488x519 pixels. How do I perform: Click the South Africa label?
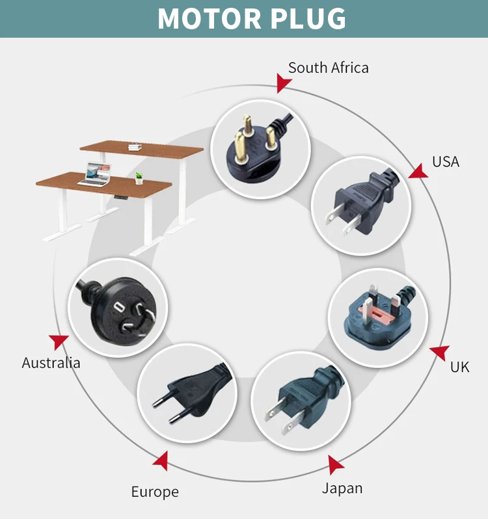tap(328, 68)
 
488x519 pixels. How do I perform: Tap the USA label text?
tap(446, 162)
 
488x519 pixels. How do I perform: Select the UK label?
tap(459, 367)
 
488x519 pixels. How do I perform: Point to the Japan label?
tap(342, 488)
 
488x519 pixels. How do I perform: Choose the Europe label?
tap(155, 492)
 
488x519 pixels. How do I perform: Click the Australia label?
tap(51, 363)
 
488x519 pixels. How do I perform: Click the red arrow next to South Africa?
tap(283, 83)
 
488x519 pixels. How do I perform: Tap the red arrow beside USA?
tap(419, 171)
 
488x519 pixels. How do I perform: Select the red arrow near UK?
tap(440, 352)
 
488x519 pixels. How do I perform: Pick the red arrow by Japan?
tap(335, 465)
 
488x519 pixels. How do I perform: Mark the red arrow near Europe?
tap(161, 461)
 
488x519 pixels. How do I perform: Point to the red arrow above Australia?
tap(59, 341)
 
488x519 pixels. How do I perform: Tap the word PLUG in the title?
tap(308, 19)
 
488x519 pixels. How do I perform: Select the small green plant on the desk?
tap(139, 178)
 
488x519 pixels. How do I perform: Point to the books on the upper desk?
tap(135, 146)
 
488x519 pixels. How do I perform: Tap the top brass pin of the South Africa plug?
tap(247, 123)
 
